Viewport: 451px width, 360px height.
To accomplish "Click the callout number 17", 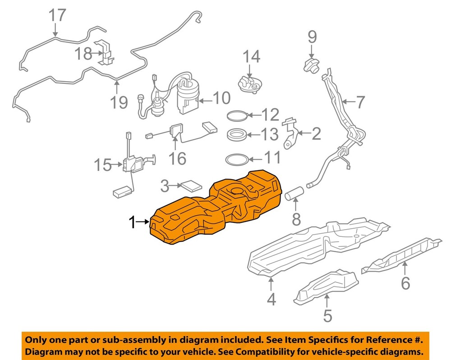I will pos(57,16).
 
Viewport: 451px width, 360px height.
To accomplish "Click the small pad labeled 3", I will pos(192,186).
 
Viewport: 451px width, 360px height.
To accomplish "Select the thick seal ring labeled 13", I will pos(236,135).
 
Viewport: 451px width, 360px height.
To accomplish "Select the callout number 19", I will pos(119,103).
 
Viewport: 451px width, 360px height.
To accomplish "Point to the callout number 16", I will pos(177,158).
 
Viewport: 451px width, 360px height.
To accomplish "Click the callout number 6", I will pos(405,283).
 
